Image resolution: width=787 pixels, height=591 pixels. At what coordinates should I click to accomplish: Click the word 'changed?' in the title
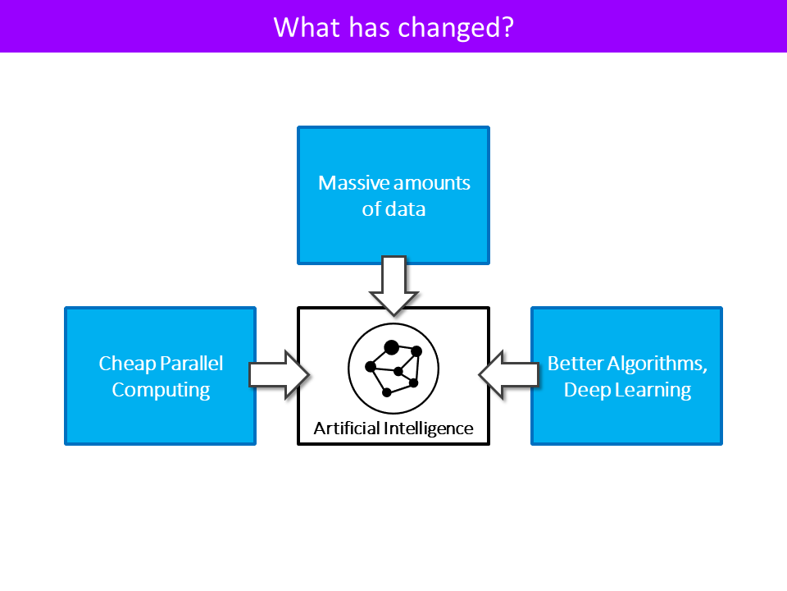[456, 28]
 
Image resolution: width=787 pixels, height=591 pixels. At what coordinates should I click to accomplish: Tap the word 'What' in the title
[306, 27]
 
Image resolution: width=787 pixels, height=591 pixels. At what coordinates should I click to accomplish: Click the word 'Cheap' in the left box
[128, 364]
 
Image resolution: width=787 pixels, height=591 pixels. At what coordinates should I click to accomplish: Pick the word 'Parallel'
[191, 364]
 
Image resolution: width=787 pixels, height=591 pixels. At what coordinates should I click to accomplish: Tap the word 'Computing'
[161, 391]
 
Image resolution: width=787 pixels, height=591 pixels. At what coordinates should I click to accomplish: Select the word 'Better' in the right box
[575, 364]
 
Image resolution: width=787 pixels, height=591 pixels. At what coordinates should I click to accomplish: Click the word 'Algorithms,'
[657, 364]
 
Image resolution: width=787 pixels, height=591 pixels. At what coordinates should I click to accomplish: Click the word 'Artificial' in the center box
[347, 428]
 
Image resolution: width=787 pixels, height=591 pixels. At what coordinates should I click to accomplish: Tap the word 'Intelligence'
[428, 428]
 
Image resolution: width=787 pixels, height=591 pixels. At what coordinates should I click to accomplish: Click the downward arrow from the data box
[393, 286]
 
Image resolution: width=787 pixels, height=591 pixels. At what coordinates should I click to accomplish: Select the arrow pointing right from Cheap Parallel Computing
[279, 375]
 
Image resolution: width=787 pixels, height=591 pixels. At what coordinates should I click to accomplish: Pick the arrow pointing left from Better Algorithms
[508, 375]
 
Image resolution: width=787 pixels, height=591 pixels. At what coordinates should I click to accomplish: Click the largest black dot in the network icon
[392, 347]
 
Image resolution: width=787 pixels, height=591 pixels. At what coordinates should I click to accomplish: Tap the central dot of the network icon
[398, 371]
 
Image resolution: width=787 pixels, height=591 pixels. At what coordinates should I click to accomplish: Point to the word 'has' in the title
[369, 27]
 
